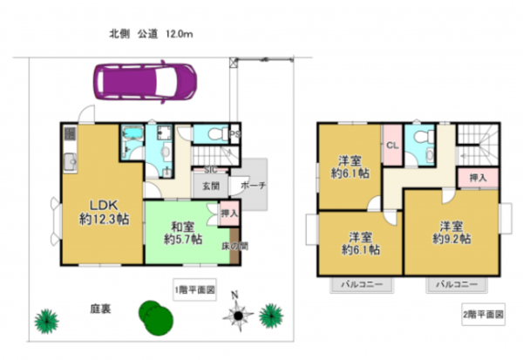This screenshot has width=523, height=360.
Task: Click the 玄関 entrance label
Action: tap(212, 186)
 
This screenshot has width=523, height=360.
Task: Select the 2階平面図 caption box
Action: tap(483, 311)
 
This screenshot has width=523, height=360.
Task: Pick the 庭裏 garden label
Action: tap(99, 309)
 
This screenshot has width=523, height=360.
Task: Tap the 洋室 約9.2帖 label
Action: tap(452, 230)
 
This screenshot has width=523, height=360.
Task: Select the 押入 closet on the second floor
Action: tap(477, 177)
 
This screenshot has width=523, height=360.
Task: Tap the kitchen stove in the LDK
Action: tap(70, 137)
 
